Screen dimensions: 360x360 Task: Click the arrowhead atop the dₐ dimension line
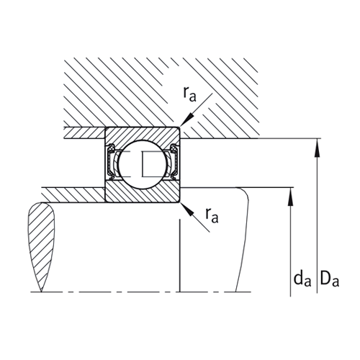point(290,194)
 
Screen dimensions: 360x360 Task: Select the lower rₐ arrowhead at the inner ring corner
point(184,205)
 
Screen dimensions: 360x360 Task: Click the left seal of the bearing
point(111,163)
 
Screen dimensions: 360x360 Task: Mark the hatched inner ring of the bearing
point(143,192)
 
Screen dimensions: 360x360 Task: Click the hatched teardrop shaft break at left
point(42,245)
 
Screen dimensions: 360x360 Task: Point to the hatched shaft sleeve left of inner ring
point(72,194)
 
